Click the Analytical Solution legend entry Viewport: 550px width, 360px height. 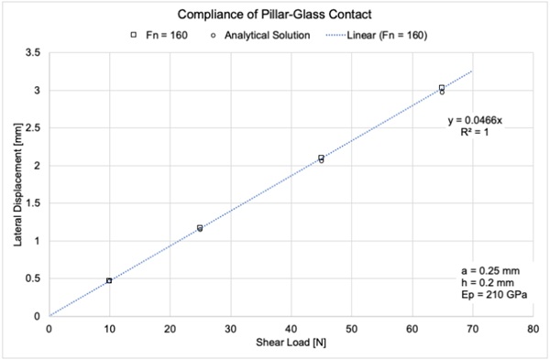coord(252,35)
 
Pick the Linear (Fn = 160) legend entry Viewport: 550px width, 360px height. coord(376,35)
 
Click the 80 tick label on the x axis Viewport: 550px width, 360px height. coord(532,328)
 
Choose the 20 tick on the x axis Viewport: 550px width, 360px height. coord(170,328)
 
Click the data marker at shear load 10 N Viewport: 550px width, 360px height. coord(109,280)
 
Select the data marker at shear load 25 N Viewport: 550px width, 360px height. coord(200,228)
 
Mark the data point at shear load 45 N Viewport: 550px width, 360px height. coord(321,158)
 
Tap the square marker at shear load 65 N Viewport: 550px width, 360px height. coord(442,88)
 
